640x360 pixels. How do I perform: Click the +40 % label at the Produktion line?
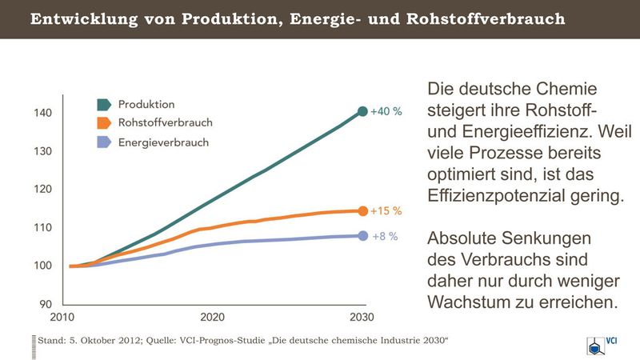point(386,111)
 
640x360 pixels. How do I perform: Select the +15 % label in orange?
point(386,211)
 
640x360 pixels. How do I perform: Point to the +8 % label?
point(385,236)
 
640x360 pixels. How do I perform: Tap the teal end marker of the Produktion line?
point(362,111)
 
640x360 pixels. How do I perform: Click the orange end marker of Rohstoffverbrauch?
point(363,211)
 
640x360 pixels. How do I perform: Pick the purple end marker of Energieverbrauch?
point(363,236)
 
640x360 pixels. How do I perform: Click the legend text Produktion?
point(146,105)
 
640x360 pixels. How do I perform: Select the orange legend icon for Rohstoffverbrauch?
point(104,123)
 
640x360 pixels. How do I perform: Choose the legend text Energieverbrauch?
point(164,142)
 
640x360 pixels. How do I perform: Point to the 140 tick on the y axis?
point(43,113)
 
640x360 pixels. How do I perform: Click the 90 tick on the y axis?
point(46,304)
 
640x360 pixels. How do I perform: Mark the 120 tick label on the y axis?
point(43,189)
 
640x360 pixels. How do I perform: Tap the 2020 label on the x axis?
point(212,317)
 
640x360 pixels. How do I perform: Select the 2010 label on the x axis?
point(62,317)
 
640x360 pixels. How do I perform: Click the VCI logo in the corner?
point(602,345)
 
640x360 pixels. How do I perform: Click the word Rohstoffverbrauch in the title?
point(486,18)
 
